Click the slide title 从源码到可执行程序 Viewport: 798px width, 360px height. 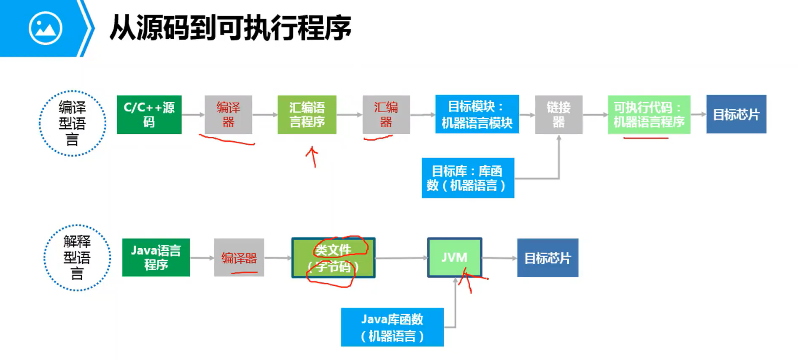230,28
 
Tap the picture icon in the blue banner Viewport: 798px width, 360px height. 46,28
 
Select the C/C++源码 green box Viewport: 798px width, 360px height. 149,115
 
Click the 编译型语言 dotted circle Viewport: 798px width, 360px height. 73,123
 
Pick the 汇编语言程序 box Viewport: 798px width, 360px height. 307,115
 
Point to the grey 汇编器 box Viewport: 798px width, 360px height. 386,115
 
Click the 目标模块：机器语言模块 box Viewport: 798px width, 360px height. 477,114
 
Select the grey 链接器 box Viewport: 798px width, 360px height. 559,115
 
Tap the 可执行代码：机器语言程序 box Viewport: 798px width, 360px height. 649,115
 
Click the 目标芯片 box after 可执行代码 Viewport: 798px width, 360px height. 736,114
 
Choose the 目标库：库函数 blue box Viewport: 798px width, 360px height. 468,178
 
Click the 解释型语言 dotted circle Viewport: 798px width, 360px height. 77,257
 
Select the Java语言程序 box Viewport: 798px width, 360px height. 156,257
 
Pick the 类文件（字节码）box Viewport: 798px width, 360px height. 334,257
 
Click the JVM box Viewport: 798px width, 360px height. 455,257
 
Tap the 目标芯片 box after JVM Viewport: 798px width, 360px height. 548,258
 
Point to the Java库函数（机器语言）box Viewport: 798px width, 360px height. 392,327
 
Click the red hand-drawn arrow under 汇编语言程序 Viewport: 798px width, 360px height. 312,157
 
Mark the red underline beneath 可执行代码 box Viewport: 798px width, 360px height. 646,138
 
